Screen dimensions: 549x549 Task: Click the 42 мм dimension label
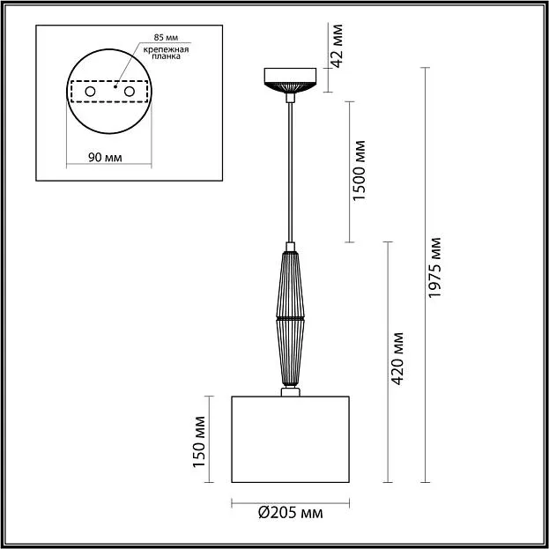pos(338,46)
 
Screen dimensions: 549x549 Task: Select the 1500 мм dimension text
pos(359,170)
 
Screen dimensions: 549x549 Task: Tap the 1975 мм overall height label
pos(434,268)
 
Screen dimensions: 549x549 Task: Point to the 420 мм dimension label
pos(397,359)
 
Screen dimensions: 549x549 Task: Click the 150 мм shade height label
pos(199,441)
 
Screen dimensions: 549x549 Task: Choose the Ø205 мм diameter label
pos(291,513)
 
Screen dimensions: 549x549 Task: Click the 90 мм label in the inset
pos(105,158)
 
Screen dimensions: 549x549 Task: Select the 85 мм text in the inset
pos(166,38)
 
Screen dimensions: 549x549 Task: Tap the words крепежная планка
pos(166,53)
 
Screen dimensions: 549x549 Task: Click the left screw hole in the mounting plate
pos(91,92)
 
